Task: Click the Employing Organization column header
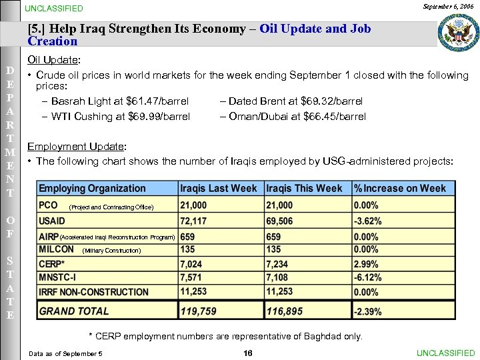point(92,189)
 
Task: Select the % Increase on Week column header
point(400,189)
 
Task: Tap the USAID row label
point(52,221)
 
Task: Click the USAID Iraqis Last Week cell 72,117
point(193,221)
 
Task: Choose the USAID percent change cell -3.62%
point(368,221)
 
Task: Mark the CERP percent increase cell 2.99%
point(367,265)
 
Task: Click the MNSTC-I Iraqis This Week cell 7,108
point(277,277)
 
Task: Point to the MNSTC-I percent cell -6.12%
point(368,277)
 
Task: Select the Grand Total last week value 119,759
point(199,311)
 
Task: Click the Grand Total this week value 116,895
point(285,311)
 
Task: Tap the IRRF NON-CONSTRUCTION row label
point(93,291)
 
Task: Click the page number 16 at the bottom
point(248,353)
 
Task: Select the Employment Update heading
point(77,147)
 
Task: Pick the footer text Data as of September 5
point(65,353)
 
